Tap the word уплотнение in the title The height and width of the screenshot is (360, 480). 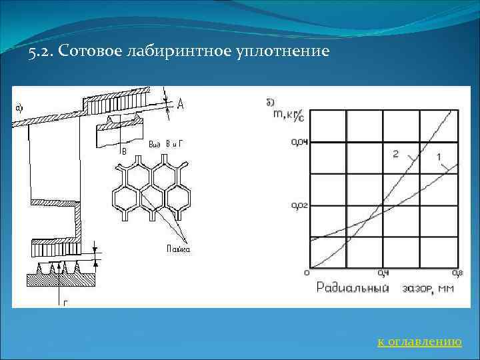tap(283, 51)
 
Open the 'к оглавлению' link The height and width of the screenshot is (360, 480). tap(419, 342)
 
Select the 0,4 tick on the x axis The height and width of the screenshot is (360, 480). tap(383, 273)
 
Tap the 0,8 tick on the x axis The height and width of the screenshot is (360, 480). tap(457, 273)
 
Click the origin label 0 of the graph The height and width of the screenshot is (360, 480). tap(306, 272)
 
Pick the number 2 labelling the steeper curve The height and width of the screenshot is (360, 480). tap(395, 155)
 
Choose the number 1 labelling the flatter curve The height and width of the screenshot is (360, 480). tap(439, 157)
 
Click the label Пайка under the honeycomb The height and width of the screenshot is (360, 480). tap(178, 249)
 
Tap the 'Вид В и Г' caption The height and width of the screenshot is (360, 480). tap(161, 144)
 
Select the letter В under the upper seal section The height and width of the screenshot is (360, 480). tap(123, 151)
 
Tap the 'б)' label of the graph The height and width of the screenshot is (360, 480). tap(269, 101)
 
